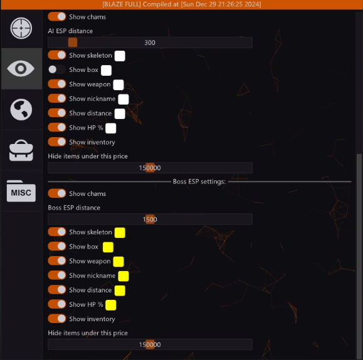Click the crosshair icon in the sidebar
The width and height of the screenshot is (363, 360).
(x=21, y=28)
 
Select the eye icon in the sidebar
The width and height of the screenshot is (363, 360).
(x=21, y=68)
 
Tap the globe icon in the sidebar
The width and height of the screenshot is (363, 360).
(x=21, y=110)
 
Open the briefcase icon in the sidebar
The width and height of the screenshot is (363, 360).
(x=21, y=150)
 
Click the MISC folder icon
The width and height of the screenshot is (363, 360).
(x=21, y=191)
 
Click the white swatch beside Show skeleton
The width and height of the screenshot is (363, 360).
(x=120, y=56)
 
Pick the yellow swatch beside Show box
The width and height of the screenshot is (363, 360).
(x=108, y=247)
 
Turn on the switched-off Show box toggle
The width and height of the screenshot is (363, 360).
(x=57, y=69)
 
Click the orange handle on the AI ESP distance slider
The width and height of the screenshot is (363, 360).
(x=73, y=43)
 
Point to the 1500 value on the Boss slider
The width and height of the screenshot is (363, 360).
(x=150, y=219)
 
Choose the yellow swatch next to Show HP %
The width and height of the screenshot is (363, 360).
(x=111, y=305)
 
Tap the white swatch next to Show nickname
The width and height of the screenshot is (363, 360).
(x=124, y=99)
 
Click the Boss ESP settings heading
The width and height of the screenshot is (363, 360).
(x=199, y=182)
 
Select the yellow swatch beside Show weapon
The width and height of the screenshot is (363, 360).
(x=118, y=262)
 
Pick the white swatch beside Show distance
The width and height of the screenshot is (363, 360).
(x=120, y=114)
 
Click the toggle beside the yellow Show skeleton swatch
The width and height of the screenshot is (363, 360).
(x=57, y=232)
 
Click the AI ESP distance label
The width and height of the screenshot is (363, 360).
(x=70, y=31)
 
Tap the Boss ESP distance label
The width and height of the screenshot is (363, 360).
(x=74, y=208)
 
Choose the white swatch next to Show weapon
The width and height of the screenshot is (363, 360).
(x=118, y=85)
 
